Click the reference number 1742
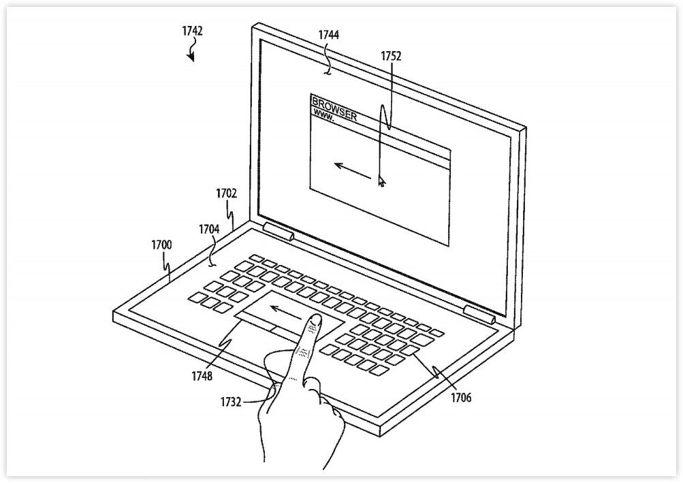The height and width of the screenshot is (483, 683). (x=192, y=31)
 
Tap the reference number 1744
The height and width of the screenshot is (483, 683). (x=329, y=35)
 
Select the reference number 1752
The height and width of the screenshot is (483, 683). (x=391, y=57)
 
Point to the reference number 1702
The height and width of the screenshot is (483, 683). (x=227, y=193)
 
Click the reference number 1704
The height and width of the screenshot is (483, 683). (x=210, y=229)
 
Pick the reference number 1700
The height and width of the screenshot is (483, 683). (x=161, y=245)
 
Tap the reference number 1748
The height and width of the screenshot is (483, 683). (x=202, y=376)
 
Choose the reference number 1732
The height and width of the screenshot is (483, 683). (x=231, y=402)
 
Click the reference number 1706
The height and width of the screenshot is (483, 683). (x=461, y=398)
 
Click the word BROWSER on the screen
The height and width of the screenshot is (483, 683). (x=334, y=109)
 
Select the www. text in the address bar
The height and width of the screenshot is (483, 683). (x=324, y=115)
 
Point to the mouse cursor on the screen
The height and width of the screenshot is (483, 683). (x=381, y=181)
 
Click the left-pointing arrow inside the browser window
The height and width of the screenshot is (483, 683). (x=352, y=171)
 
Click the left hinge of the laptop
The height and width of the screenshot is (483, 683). (x=278, y=231)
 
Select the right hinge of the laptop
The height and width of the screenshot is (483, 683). (x=479, y=314)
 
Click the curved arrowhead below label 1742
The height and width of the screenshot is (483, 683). (x=191, y=57)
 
